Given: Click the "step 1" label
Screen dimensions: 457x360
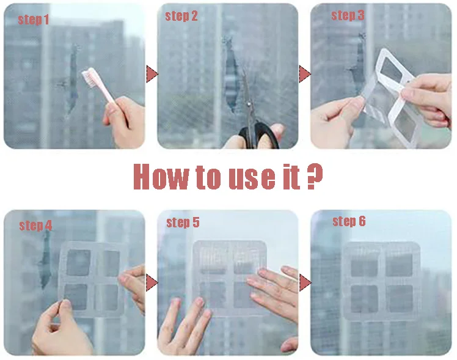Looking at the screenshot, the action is [33, 20].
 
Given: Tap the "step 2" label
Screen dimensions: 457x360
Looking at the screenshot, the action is [181, 16].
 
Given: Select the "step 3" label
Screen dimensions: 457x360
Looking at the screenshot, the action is [348, 15].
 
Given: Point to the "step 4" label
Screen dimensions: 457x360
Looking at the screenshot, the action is [35, 226].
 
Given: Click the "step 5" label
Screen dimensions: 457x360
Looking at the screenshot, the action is [183, 222].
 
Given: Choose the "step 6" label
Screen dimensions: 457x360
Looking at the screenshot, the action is [349, 221].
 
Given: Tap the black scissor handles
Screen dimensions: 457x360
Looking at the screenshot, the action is [258, 134].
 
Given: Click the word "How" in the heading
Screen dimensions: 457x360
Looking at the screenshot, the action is [161, 177].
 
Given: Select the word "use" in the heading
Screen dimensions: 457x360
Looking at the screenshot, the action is [252, 178].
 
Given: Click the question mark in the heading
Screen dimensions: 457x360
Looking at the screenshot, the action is [315, 176].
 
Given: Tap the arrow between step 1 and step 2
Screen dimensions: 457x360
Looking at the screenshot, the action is [152, 74].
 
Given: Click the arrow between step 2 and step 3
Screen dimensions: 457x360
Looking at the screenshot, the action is [305, 74].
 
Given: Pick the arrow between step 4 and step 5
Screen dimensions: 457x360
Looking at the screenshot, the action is [152, 282].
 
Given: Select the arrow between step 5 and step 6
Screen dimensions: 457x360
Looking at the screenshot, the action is [305, 282].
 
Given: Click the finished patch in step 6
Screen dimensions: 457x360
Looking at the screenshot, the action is [382, 281].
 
